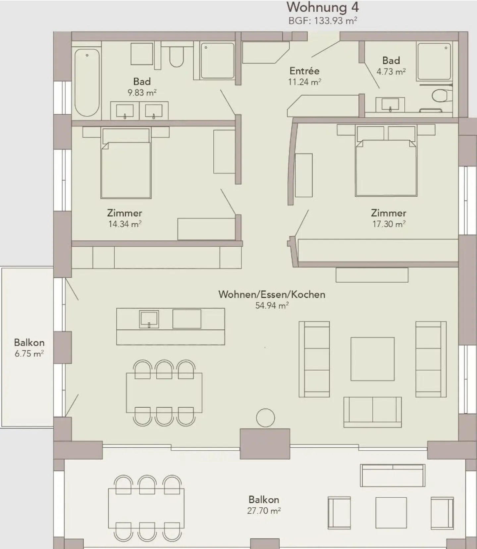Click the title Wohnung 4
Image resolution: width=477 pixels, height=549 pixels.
tap(322, 7)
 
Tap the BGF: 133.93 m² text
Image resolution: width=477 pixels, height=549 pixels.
tap(322, 21)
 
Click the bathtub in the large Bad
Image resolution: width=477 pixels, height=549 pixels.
tap(87, 83)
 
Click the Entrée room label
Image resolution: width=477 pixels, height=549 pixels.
tap(304, 71)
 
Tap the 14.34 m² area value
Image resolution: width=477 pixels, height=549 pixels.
tap(125, 224)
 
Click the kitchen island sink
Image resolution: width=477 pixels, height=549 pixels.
tap(149, 319)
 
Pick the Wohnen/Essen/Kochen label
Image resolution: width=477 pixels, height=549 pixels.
tap(272, 294)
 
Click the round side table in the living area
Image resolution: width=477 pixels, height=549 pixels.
tap(265, 418)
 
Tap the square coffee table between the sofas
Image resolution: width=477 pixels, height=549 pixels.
tap(372, 359)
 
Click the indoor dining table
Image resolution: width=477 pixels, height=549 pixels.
tap(164, 393)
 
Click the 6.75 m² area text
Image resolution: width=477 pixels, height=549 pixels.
tap(29, 353)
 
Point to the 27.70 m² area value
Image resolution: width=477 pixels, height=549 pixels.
tap(264, 511)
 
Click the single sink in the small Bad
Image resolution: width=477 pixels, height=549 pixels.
tap(390, 105)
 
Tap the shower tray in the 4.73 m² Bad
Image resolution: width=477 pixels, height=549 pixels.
tap(434, 61)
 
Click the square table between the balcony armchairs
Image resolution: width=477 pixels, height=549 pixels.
tap(391, 513)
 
